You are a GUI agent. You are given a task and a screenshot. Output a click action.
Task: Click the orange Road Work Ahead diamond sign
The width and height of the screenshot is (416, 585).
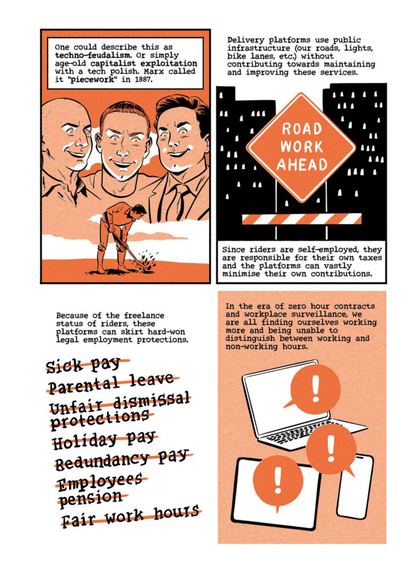coord(301,147)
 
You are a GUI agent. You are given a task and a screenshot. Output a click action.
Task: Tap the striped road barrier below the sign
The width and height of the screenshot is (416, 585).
coord(302,219)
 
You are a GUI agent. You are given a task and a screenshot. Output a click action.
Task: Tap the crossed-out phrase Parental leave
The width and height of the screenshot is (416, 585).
coord(111,383)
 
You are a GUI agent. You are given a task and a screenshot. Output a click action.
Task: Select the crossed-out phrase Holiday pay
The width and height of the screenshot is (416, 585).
coord(104,440)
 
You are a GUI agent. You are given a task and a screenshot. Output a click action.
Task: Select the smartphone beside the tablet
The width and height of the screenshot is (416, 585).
coord(354,486)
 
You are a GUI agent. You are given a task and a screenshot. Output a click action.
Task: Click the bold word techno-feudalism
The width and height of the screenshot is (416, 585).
coord(92,55)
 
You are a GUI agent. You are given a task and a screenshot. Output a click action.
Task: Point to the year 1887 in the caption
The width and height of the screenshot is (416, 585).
coord(143,79)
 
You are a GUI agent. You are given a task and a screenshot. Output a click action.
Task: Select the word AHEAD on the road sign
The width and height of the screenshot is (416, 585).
coord(302,165)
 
